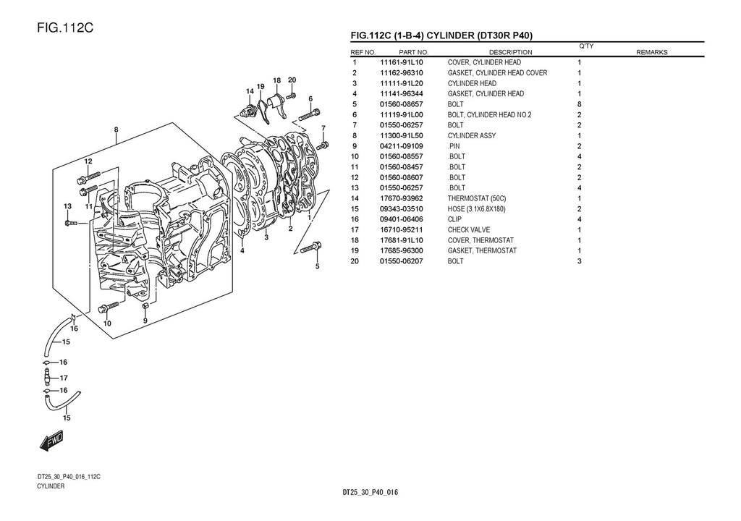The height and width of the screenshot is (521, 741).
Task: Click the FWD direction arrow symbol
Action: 54,441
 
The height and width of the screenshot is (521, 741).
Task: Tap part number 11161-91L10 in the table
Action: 402,62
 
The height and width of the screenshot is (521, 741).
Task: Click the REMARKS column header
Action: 651,52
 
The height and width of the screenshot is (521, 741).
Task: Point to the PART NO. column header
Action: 413,52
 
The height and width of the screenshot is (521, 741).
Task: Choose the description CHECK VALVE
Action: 468,230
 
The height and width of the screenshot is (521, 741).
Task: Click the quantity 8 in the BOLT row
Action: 580,104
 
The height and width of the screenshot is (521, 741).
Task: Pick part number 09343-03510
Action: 402,209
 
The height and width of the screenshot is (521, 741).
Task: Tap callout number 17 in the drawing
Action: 64,378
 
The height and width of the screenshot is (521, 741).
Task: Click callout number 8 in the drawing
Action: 116,130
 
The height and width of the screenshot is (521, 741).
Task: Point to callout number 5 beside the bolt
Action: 317,266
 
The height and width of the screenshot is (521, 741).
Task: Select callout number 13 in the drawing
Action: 67,206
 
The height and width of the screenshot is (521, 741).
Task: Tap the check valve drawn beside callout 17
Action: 46,378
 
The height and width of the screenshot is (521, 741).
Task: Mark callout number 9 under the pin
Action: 145,321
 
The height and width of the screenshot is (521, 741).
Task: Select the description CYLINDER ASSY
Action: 472,135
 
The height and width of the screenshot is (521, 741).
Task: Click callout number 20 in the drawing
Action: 292,80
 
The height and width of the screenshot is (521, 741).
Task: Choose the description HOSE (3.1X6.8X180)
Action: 482,209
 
